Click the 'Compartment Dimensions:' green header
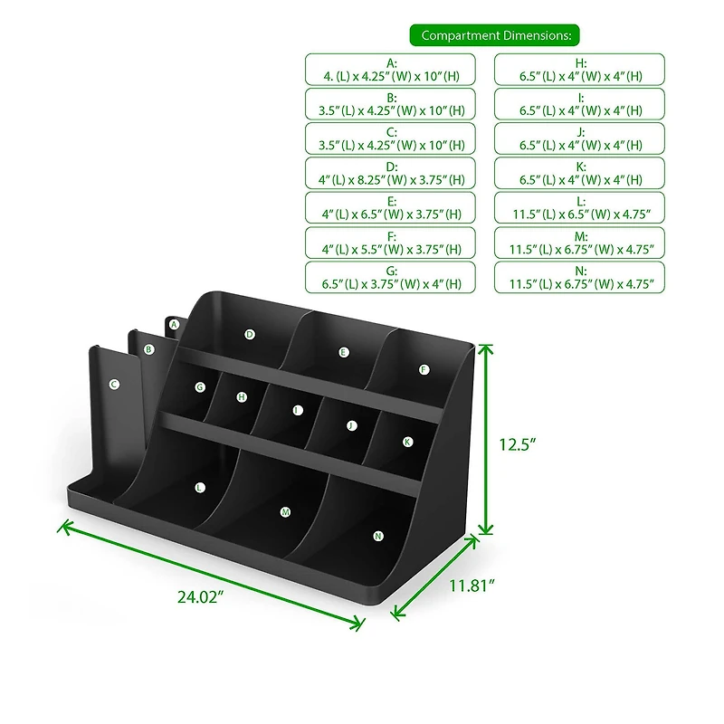(x=495, y=35)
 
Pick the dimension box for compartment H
(x=580, y=70)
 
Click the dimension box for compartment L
(x=580, y=207)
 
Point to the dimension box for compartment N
(x=580, y=277)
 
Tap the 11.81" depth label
(x=472, y=586)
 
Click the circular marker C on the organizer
(x=114, y=385)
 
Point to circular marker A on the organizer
(x=174, y=324)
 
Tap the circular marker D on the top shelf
(x=250, y=334)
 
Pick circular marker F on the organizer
(x=424, y=369)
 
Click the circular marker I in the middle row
(x=298, y=410)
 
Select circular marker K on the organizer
(x=407, y=442)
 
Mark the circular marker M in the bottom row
(x=285, y=512)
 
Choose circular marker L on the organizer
(x=200, y=487)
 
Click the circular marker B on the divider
(x=149, y=348)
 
